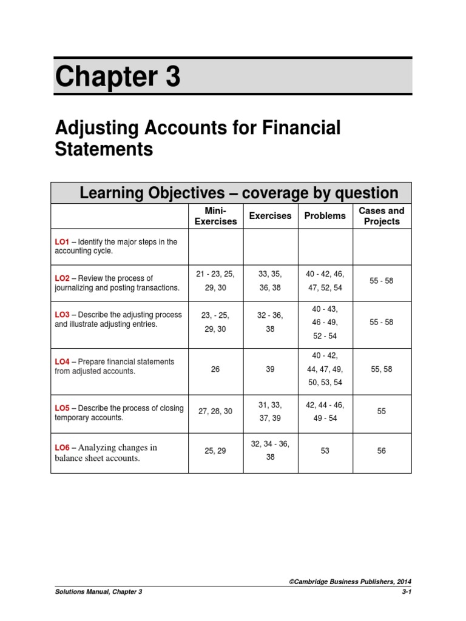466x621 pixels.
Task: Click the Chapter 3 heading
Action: (x=118, y=78)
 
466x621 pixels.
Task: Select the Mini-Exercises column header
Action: (x=215, y=216)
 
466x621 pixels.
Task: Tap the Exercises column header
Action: (x=270, y=216)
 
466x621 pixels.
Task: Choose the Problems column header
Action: (x=325, y=216)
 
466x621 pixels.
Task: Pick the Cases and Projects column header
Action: (x=382, y=216)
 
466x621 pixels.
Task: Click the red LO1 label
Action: (x=62, y=242)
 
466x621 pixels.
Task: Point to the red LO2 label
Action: (x=62, y=278)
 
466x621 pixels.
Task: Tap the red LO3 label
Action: (x=62, y=315)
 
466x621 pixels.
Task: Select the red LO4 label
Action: (x=62, y=361)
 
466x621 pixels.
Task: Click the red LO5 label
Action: (x=62, y=408)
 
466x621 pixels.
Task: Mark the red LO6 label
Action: (x=62, y=448)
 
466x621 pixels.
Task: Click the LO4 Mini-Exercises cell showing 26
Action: (x=215, y=369)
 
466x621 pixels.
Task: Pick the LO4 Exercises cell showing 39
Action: (x=270, y=369)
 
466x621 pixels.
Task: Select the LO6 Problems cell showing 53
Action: (x=325, y=451)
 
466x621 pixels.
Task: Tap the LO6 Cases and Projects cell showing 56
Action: (x=382, y=451)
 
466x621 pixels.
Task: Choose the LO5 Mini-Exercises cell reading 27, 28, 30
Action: (x=215, y=411)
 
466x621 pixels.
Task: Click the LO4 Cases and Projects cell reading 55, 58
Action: (x=382, y=369)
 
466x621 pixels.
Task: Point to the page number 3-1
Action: (x=406, y=591)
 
